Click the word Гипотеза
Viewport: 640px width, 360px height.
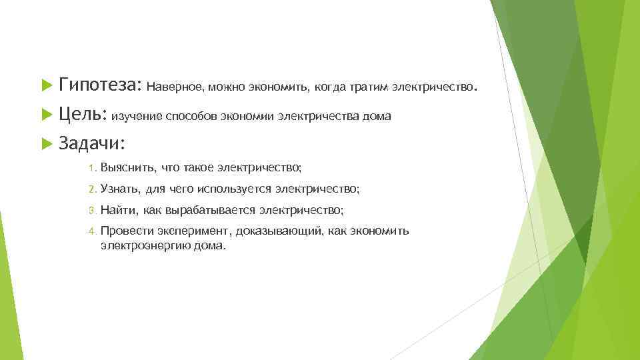[99, 86]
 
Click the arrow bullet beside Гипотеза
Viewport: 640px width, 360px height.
[46, 86]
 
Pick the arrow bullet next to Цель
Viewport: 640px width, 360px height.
[46, 115]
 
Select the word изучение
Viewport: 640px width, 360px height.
[136, 117]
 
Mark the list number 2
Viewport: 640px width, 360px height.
[93, 189]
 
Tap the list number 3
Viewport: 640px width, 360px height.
[93, 211]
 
